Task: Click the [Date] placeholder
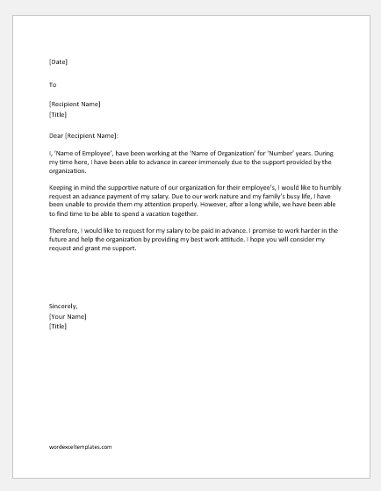click(58, 62)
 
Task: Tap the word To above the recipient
click(53, 84)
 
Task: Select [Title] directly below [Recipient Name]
click(58, 114)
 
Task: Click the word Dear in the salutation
click(57, 135)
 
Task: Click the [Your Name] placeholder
click(68, 316)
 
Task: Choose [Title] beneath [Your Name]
click(58, 325)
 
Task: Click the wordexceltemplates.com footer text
click(81, 447)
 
